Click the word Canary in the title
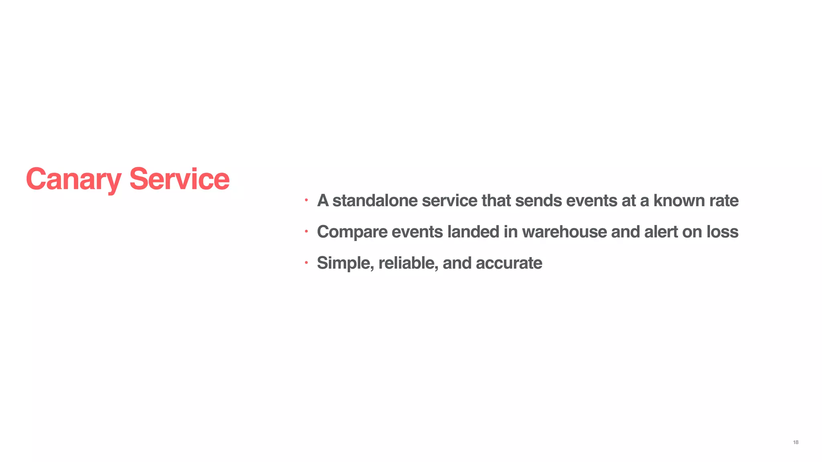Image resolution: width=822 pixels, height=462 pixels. point(73,179)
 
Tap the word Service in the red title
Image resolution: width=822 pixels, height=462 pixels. point(179,179)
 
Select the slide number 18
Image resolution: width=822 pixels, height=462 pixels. point(796,442)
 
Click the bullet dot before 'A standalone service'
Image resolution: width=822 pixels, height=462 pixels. point(306,200)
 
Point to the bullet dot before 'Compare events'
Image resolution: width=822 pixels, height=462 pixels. point(306,231)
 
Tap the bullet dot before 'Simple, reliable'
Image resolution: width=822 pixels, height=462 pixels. point(306,263)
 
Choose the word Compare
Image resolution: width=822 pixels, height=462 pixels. point(352,232)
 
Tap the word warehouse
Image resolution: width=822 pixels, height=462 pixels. point(564,232)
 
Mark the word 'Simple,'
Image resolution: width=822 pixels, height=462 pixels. point(346,263)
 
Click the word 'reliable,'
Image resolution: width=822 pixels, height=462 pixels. point(408,263)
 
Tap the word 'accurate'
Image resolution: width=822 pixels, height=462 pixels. point(509,263)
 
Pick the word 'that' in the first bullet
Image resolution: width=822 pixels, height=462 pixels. point(496,201)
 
